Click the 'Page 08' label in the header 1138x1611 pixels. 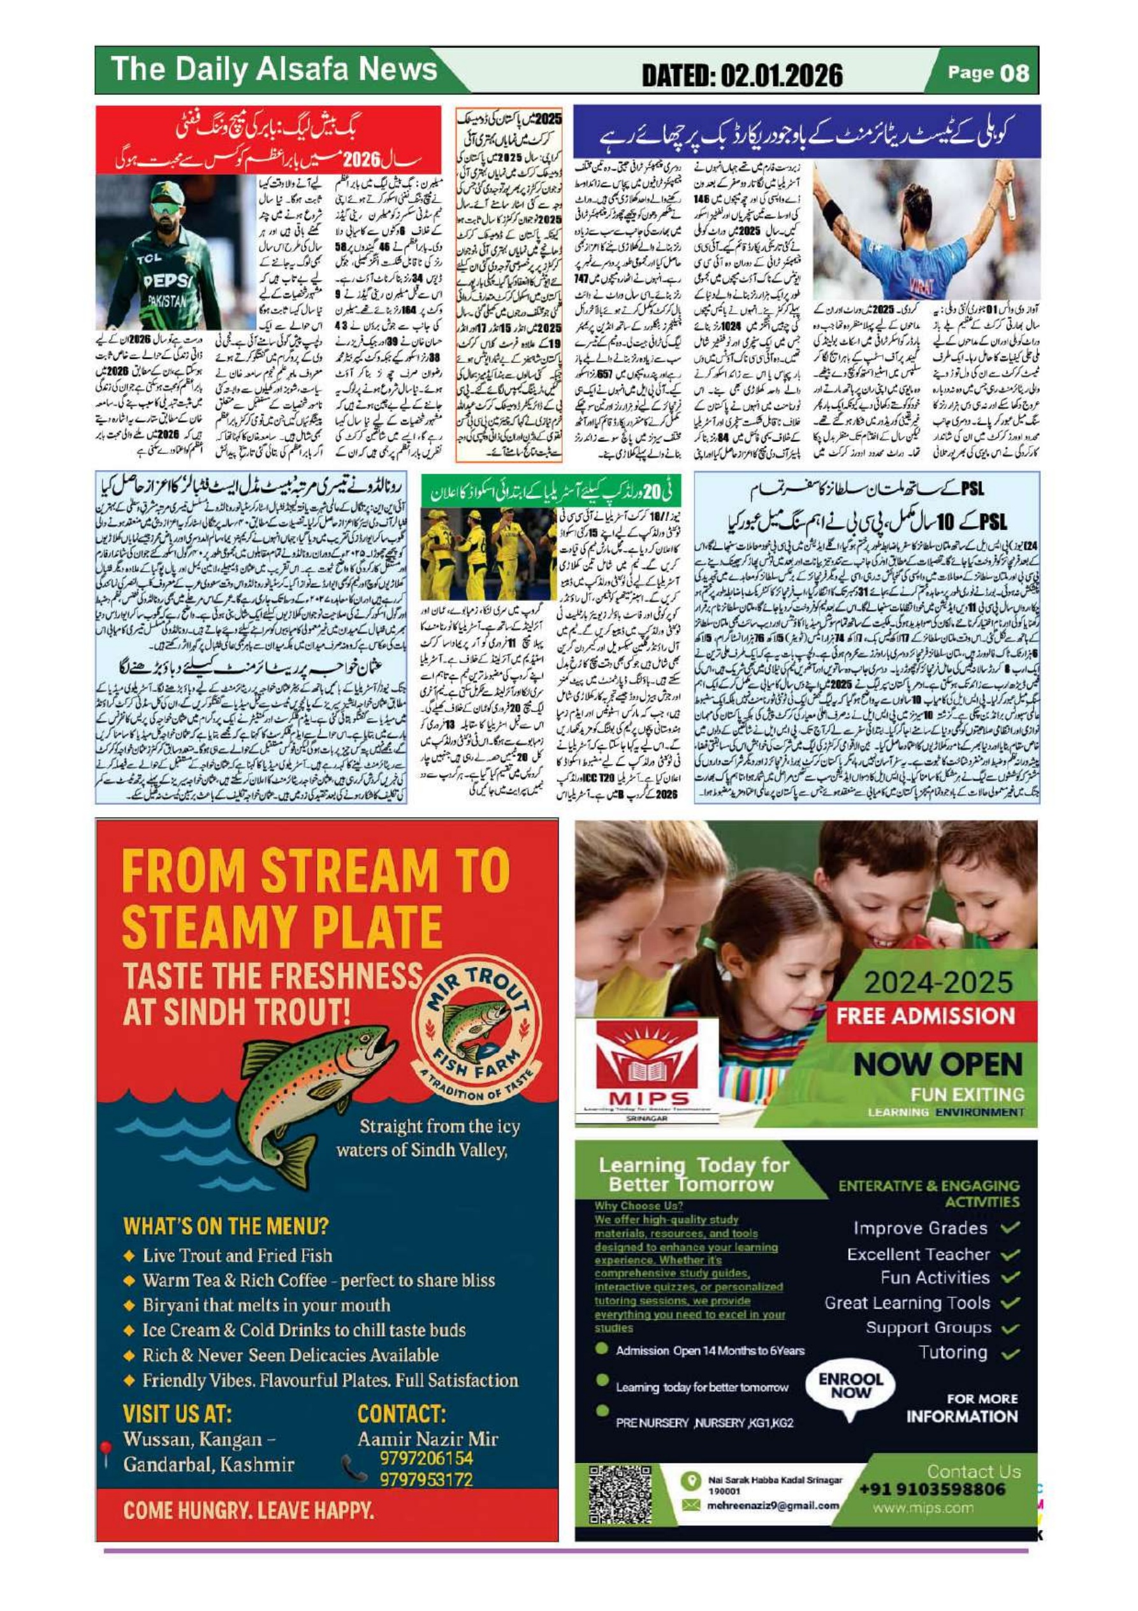(988, 72)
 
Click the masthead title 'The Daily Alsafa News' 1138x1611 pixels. (274, 70)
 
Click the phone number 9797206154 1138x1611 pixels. (425, 1458)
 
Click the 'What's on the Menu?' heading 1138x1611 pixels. (225, 1226)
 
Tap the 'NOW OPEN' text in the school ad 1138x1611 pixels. (937, 1064)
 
